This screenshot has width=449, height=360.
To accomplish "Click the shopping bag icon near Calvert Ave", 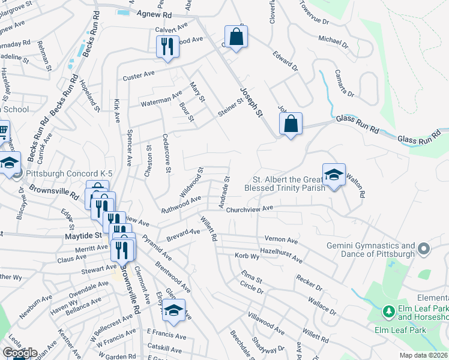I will coord(237,37).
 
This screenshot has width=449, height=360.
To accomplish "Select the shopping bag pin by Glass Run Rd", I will coord(291,124).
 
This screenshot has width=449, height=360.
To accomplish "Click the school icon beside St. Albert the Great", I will coord(334,175).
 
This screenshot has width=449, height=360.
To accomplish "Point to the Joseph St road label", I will coord(252,102).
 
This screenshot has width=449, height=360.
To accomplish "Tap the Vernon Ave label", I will coord(281,239).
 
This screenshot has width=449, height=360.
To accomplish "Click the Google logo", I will coord(20,352).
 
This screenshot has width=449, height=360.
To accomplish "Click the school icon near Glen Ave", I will coord(174,310).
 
